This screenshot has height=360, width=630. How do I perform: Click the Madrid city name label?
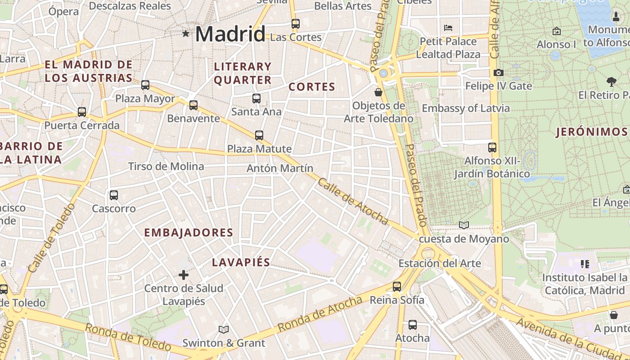(230, 34)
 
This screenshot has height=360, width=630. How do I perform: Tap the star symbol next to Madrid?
(186, 33)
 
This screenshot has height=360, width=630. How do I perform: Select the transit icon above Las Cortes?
(296, 24)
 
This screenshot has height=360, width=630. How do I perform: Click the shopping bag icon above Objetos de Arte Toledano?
(378, 92)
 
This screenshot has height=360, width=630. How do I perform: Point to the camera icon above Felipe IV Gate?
(498, 72)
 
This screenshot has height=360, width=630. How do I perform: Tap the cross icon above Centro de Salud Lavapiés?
(184, 274)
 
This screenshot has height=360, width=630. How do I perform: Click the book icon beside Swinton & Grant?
(223, 329)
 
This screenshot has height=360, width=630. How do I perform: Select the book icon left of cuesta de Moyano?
(463, 225)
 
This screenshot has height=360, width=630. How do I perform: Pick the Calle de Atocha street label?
(353, 201)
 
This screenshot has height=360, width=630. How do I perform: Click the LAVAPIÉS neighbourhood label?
(241, 262)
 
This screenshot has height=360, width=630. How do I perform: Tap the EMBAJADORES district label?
(189, 233)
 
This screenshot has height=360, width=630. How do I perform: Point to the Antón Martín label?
(280, 168)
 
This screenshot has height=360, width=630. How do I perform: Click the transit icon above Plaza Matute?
(259, 135)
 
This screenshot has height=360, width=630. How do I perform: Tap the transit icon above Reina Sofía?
(396, 286)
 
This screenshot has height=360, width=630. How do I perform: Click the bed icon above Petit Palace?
(448, 28)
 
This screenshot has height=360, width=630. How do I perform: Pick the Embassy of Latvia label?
(466, 108)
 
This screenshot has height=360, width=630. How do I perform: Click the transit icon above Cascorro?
(114, 195)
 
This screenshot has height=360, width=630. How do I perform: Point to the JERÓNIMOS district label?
(591, 132)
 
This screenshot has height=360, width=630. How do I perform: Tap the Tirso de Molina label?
(166, 166)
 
